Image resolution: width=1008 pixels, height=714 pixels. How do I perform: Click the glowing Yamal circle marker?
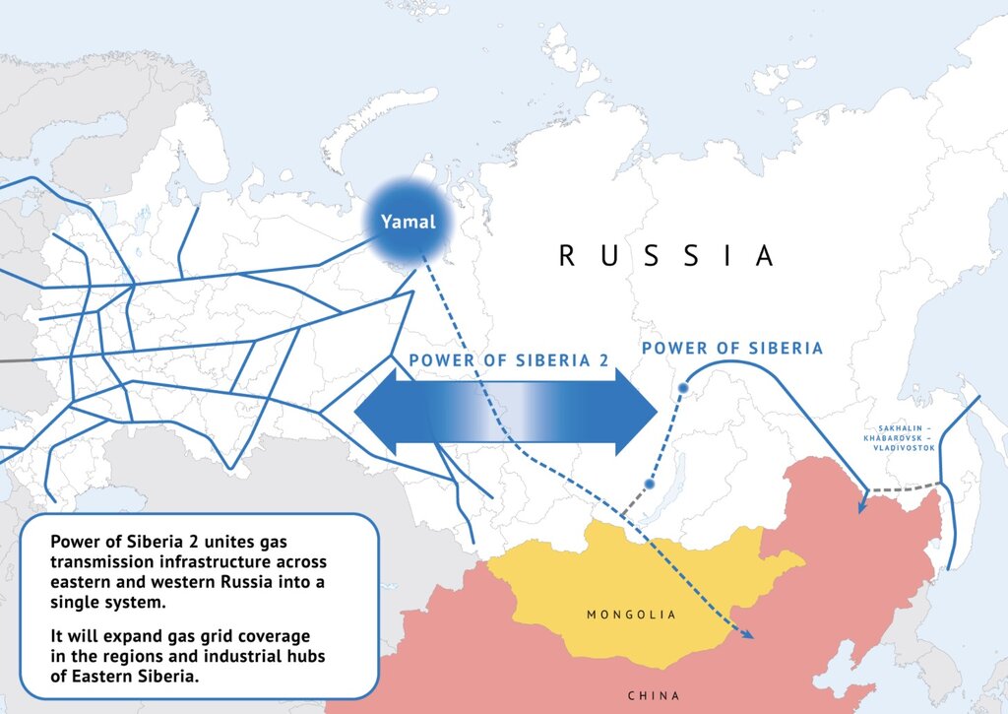click(409, 222)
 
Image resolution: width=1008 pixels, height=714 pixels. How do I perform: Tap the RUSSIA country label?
click(666, 256)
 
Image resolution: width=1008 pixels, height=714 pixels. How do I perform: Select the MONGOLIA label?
click(631, 615)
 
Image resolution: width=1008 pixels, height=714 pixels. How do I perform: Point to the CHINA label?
click(653, 696)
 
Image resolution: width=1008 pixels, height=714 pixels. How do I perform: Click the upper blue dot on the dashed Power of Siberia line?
click(681, 388)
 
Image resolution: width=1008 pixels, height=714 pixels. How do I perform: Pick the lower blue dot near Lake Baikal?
click(649, 484)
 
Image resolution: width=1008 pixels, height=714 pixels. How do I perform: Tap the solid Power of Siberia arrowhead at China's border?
click(862, 506)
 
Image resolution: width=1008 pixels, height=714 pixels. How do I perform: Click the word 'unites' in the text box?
click(222, 542)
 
